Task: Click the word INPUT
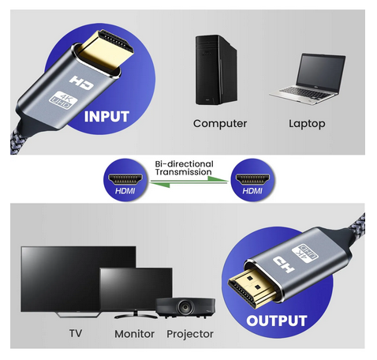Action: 106,117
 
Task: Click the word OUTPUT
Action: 277,321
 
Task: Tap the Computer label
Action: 220,123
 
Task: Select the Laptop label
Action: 307,124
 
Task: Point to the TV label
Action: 76,333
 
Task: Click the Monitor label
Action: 134,334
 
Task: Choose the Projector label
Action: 190,334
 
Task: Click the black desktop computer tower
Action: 216,69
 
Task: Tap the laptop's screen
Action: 321,73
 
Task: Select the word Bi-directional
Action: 184,164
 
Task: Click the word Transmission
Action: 183,172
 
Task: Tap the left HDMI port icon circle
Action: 125,180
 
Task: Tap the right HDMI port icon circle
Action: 252,180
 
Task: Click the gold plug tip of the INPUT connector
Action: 106,51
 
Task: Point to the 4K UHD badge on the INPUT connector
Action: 63,100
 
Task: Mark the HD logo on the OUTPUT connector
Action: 283,264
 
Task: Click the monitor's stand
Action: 136,314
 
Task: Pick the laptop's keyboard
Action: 305,93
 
